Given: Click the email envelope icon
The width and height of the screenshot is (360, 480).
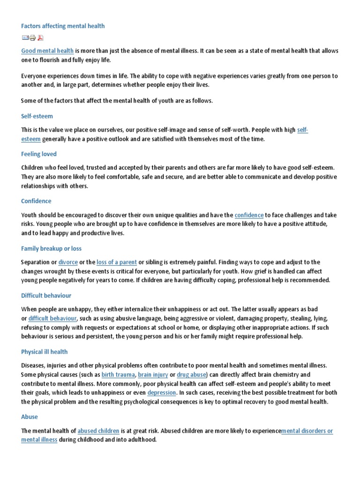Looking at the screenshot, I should point(25,38).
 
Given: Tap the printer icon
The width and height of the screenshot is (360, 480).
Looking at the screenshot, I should point(32,38).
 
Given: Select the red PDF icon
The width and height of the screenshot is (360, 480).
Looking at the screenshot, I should point(40,38).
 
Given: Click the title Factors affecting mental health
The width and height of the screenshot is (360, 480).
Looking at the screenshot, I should point(63,26).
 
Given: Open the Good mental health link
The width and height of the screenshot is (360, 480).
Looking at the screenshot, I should point(47,51).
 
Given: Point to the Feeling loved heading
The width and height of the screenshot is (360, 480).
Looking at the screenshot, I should point(39,154).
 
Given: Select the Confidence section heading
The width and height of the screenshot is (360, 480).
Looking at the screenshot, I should point(36,201).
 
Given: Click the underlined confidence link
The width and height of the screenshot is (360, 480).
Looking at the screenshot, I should point(249,215).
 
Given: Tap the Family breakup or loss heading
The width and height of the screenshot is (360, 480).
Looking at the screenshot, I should point(52,248).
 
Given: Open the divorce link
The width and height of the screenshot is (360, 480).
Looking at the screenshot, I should point(68,262).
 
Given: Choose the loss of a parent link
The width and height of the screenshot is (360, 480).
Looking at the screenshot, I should point(116,262).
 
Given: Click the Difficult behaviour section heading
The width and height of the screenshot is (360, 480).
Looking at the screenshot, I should point(46,296).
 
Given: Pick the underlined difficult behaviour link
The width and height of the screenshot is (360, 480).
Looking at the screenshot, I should point(52,318).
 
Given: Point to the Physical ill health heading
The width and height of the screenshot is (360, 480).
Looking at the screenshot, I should point(45,352).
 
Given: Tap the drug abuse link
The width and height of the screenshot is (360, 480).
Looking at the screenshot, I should point(192,375).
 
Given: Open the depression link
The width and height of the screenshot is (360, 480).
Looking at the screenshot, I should point(162,392).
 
